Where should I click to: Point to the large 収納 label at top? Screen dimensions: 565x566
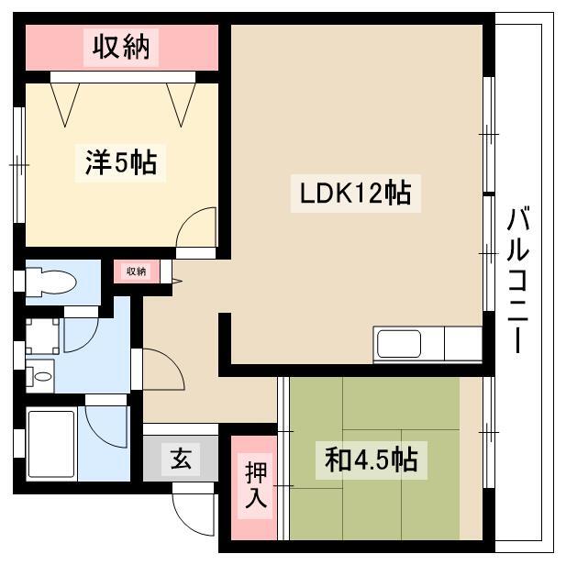point(120,46)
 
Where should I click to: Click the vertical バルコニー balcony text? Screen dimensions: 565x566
point(519,280)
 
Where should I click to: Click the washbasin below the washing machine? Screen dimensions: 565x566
point(40,376)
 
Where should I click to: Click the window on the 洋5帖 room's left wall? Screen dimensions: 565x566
point(18,163)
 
